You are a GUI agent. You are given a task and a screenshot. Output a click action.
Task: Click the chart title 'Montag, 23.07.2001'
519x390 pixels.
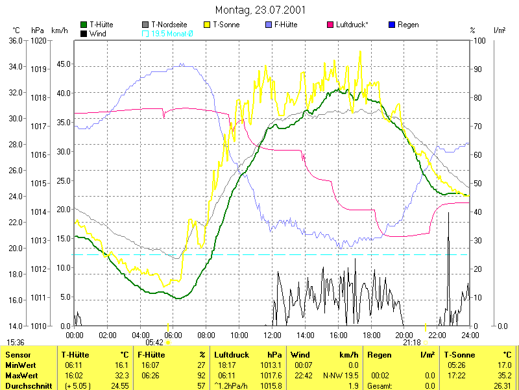click(x=259, y=10)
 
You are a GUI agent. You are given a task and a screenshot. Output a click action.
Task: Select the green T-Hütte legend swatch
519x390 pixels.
click(x=84, y=25)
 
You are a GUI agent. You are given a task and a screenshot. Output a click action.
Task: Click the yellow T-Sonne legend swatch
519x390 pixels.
click(x=208, y=25)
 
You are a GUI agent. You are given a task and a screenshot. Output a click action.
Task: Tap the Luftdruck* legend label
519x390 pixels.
click(x=352, y=25)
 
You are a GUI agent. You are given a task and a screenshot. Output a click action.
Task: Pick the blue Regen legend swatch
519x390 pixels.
click(x=391, y=25)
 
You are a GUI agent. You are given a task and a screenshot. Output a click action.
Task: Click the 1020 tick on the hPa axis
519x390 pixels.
click(x=38, y=40)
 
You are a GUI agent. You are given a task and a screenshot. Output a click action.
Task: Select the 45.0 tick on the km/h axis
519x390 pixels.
click(x=62, y=64)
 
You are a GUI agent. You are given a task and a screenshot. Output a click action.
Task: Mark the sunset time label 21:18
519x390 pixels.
click(x=412, y=342)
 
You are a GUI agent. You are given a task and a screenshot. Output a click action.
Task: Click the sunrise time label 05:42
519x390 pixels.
click(x=154, y=342)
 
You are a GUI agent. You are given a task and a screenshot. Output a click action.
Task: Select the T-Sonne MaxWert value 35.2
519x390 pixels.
click(x=503, y=376)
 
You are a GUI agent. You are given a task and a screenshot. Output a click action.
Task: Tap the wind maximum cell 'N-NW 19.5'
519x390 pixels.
click(x=341, y=376)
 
